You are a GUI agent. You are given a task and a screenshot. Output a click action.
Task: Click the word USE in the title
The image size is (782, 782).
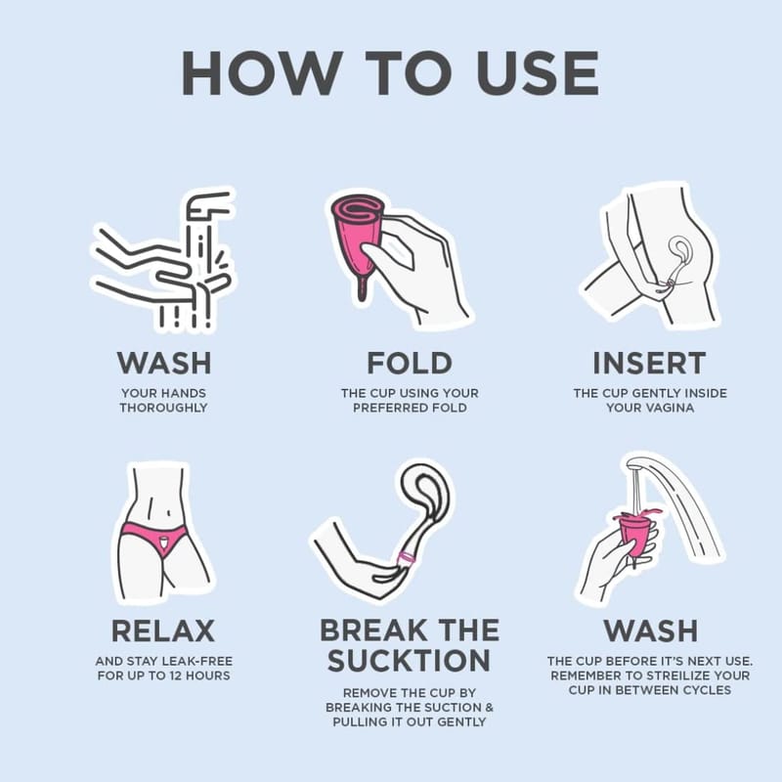538,72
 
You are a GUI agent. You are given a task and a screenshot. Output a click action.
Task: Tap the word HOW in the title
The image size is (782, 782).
259,72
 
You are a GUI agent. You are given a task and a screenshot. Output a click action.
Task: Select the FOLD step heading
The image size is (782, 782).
410,363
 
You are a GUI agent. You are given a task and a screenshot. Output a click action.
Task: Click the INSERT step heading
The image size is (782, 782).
649,363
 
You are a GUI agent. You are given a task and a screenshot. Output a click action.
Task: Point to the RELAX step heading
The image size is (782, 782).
163,630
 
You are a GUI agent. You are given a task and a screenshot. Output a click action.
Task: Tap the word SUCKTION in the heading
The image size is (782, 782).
409,661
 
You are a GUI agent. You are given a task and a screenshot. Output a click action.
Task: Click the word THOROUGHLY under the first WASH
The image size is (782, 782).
163,408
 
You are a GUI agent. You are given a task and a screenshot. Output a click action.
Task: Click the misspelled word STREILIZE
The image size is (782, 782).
673,675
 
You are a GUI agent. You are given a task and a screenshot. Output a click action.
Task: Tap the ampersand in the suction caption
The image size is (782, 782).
489,707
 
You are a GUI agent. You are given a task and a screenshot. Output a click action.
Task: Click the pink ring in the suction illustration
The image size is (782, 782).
407,557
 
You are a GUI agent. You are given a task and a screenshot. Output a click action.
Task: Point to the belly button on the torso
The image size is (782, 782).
169,512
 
